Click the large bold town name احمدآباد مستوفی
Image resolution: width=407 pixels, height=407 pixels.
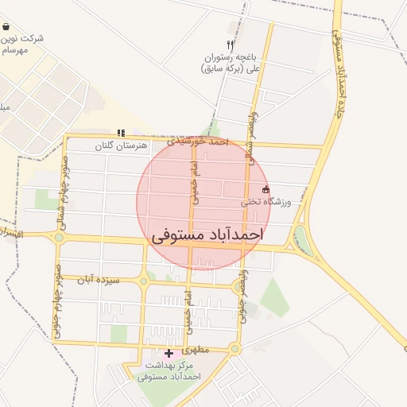206,237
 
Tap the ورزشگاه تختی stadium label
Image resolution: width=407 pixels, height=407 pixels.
267,203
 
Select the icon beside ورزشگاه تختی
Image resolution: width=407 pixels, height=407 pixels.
266,190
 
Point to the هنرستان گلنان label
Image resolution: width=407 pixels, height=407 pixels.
122,145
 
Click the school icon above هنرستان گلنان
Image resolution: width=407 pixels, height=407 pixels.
121,133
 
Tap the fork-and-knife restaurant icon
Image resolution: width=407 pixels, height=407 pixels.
230,45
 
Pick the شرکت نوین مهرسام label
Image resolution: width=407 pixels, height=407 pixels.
21,44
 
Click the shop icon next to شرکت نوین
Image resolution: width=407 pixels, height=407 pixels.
6,26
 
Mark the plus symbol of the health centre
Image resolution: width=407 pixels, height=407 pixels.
169,353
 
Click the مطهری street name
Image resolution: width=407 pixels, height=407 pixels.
195,350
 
